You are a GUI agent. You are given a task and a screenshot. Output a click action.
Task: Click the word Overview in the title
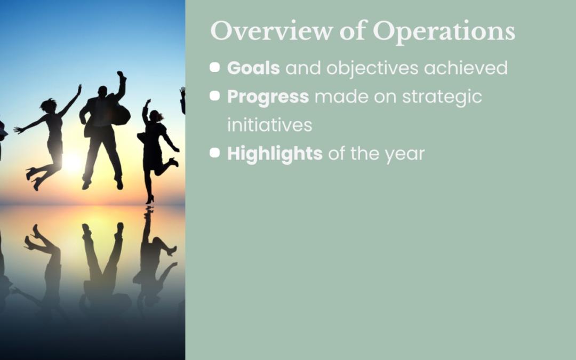pyautogui.click(x=271, y=31)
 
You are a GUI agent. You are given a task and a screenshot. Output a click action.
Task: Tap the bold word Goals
pyautogui.click(x=253, y=68)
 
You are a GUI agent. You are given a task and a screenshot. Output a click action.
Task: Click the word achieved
pyautogui.click(x=466, y=68)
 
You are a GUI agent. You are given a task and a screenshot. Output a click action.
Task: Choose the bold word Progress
pyautogui.click(x=268, y=97)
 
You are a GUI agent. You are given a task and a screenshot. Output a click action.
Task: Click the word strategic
pyautogui.click(x=442, y=97)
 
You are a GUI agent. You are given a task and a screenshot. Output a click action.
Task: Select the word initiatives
pyautogui.click(x=270, y=125)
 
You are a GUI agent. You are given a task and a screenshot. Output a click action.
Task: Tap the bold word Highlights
pyautogui.click(x=275, y=154)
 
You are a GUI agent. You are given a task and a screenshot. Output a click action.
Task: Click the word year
pyautogui.click(x=404, y=154)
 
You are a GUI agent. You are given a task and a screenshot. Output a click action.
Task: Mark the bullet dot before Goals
pyautogui.click(x=215, y=67)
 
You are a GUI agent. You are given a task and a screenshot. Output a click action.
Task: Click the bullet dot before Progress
pyautogui.click(x=215, y=96)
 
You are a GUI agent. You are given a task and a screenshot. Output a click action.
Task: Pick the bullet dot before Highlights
pyautogui.click(x=215, y=153)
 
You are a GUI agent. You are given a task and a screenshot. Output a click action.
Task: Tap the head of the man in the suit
pyautogui.click(x=102, y=92)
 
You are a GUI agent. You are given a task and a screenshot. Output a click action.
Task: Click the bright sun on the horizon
pyautogui.click(x=72, y=162)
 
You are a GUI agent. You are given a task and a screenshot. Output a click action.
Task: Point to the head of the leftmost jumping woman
pyautogui.click(x=49, y=106)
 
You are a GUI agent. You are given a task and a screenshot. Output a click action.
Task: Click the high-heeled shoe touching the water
pyautogui.click(x=150, y=200)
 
